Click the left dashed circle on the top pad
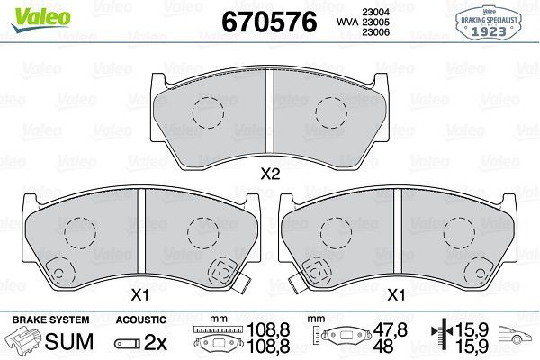coord(208,112)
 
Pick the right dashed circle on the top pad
coord(330,112)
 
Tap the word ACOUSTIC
coord(141,319)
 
